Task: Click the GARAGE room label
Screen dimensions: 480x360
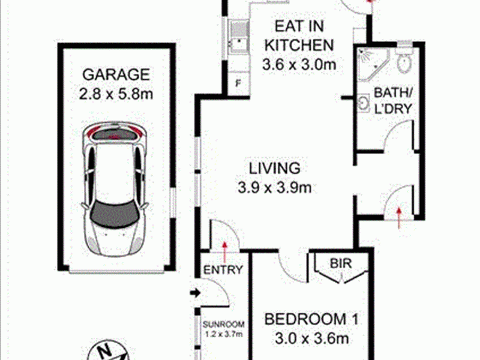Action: [x=116, y=74]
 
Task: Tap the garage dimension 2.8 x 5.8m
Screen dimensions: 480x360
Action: [x=116, y=94]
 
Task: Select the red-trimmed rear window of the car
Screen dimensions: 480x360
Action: [x=114, y=134]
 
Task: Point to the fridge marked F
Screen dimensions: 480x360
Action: [x=238, y=83]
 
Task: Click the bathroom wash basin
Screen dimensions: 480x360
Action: [x=364, y=103]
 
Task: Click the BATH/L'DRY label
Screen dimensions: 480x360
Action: [x=393, y=101]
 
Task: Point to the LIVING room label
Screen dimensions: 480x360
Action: [x=275, y=169]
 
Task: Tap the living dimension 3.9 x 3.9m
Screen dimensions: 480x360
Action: [x=275, y=187]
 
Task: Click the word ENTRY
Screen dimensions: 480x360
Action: [x=223, y=270]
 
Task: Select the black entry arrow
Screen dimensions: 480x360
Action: [x=195, y=293]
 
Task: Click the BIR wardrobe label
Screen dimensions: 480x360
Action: [x=341, y=263]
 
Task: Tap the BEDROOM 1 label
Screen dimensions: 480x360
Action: [x=311, y=319]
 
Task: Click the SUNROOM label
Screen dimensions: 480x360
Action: [x=224, y=324]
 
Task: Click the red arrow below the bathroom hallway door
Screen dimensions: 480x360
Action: [x=399, y=218]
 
